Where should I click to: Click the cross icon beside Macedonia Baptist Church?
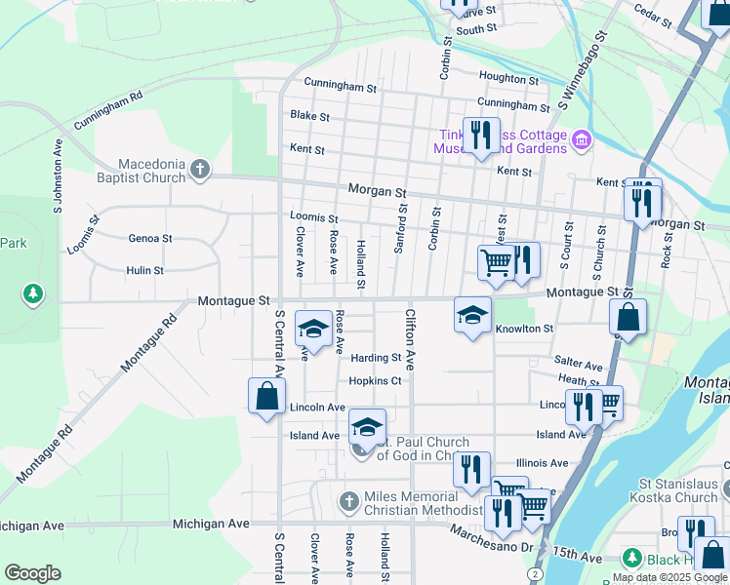click(x=200, y=171)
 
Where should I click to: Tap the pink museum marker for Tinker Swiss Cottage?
click(x=582, y=140)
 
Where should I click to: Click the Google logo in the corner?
click(x=32, y=572)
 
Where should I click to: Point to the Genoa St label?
click(x=150, y=238)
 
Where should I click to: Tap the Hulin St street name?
click(x=144, y=270)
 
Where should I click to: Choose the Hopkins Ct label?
click(x=376, y=381)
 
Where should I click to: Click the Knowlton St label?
click(x=524, y=329)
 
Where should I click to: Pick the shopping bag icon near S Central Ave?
click(x=266, y=396)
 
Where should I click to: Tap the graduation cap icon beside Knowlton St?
click(x=472, y=315)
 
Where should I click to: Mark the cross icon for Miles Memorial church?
click(x=348, y=502)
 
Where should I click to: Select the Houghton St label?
click(x=507, y=78)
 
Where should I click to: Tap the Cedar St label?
click(x=653, y=16)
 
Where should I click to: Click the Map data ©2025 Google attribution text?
click(x=670, y=577)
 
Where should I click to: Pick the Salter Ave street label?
click(x=579, y=363)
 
